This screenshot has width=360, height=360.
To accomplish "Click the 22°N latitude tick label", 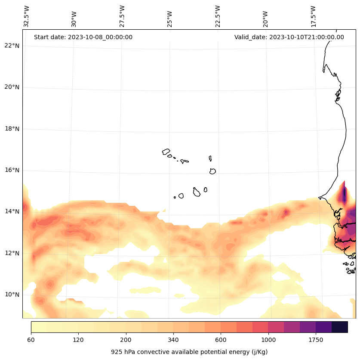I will pyautogui.click(x=12, y=46).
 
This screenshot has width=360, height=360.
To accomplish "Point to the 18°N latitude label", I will pyautogui.click(x=12, y=129).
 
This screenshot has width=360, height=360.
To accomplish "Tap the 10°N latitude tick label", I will pyautogui.click(x=12, y=295).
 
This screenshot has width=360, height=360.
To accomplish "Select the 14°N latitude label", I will pyautogui.click(x=12, y=211).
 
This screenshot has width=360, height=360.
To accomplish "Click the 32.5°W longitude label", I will pyautogui.click(x=27, y=16).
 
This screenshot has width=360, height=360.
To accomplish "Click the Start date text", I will pyautogui.click(x=83, y=37).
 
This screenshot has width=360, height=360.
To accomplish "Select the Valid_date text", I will pyautogui.click(x=289, y=37).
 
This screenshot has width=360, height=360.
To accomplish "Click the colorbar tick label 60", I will pyautogui.click(x=31, y=340).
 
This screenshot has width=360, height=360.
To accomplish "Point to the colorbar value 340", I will pyautogui.click(x=173, y=340).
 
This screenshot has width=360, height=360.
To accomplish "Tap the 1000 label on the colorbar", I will pyautogui.click(x=268, y=340).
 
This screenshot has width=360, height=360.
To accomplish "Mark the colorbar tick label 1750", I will pyautogui.click(x=316, y=340).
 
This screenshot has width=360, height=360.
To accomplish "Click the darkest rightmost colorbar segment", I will pyautogui.click(x=340, y=327).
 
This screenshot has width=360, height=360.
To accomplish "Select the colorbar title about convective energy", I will pyautogui.click(x=189, y=352).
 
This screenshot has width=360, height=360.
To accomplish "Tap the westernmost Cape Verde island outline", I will pyautogui.click(x=166, y=152).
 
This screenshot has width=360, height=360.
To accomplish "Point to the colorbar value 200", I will pyautogui.click(x=126, y=340).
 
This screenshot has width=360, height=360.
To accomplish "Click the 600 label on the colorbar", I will pyautogui.click(x=221, y=340).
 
